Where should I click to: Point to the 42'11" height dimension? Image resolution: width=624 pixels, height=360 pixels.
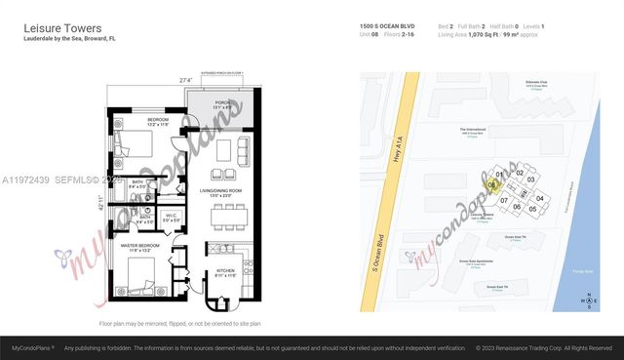tap(98, 205)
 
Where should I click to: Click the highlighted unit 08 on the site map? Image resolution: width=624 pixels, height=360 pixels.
tap(492, 183)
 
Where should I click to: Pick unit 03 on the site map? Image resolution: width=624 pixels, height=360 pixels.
tap(531, 180)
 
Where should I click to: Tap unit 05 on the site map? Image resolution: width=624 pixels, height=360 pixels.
tap(532, 208)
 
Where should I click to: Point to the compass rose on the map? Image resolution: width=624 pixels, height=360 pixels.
tap(588, 300)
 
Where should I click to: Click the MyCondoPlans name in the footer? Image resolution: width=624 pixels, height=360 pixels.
tap(32, 347)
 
